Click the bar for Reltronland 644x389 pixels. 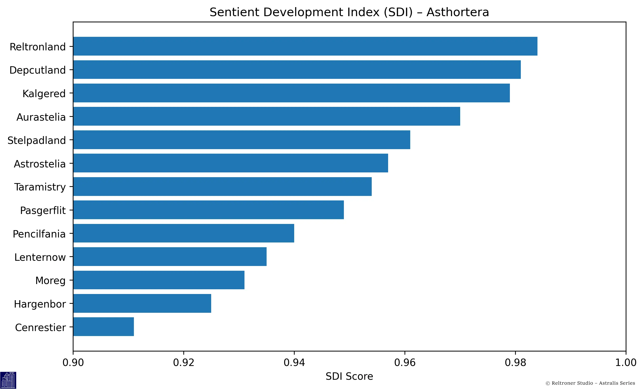click(305, 46)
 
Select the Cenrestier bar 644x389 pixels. click(103, 327)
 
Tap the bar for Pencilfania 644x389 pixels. click(184, 233)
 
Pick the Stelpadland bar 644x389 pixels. click(242, 140)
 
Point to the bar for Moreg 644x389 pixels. click(159, 280)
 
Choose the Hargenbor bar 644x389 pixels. click(142, 303)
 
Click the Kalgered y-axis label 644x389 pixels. click(44, 94)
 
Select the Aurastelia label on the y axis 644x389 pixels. click(41, 117)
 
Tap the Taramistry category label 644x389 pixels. click(40, 187)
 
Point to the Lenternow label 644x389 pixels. click(40, 257)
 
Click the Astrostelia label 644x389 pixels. click(40, 164)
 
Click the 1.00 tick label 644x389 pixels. click(625, 362)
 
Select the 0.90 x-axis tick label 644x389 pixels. click(73, 362)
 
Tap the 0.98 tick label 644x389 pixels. click(515, 362)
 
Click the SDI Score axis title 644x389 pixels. click(349, 376)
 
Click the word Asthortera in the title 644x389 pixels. click(457, 12)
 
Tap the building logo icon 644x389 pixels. click(8, 380)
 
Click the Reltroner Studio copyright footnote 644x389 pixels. click(590, 383)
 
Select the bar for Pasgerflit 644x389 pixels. click(208, 210)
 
